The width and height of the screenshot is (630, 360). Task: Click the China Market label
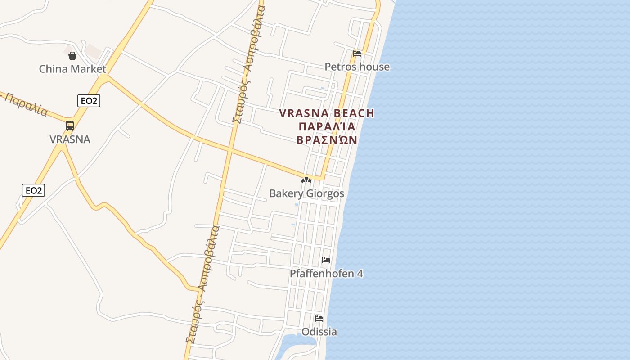tap(72, 69)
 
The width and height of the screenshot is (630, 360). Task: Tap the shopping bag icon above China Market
tap(72, 56)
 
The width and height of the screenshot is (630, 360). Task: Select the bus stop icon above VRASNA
tap(70, 126)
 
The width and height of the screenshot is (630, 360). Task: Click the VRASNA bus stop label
tap(70, 139)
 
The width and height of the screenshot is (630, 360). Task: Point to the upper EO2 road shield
tap(89, 101)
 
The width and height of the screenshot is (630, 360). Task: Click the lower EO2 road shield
tap(33, 190)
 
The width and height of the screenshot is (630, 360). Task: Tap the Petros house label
tap(357, 67)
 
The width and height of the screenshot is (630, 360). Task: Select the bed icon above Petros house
tap(357, 54)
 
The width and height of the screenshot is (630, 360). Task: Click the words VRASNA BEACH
tap(327, 113)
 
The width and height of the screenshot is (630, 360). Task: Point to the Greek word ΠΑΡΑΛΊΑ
tap(327, 126)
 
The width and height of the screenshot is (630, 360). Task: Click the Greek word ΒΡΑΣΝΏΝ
tap(327, 140)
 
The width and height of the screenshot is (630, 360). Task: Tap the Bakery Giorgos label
tap(306, 193)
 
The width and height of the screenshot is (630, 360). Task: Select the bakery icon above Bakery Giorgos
tap(306, 180)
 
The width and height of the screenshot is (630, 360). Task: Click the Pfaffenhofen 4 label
tap(326, 274)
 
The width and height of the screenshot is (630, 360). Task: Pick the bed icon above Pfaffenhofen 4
tap(326, 260)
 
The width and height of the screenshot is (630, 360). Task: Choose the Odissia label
tap(319, 332)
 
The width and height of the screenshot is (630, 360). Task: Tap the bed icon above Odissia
tap(319, 319)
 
